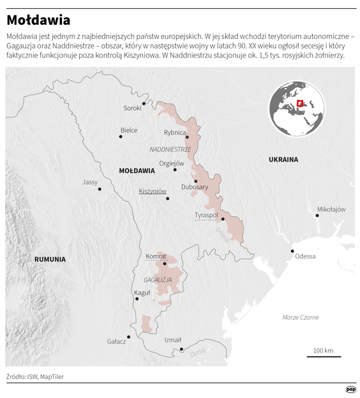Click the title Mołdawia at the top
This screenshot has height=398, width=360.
(39, 21)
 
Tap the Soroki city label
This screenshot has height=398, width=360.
(132, 108)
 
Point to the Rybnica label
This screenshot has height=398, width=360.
(174, 133)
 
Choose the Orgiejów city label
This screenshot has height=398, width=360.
(171, 163)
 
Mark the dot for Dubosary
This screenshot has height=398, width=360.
(196, 181)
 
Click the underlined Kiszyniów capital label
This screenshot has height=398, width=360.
(153, 191)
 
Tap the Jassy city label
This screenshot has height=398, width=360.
(90, 182)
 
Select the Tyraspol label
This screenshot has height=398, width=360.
(206, 216)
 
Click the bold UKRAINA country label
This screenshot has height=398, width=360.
(283, 159)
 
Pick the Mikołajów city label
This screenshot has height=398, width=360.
(331, 209)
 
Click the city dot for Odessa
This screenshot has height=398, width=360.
(292, 251)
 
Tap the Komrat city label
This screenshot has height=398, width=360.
(156, 256)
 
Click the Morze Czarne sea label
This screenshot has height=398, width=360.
(300, 317)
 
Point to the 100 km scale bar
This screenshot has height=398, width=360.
(323, 356)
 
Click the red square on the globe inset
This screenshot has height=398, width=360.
(299, 103)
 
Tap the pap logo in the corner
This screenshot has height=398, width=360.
(350, 389)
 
